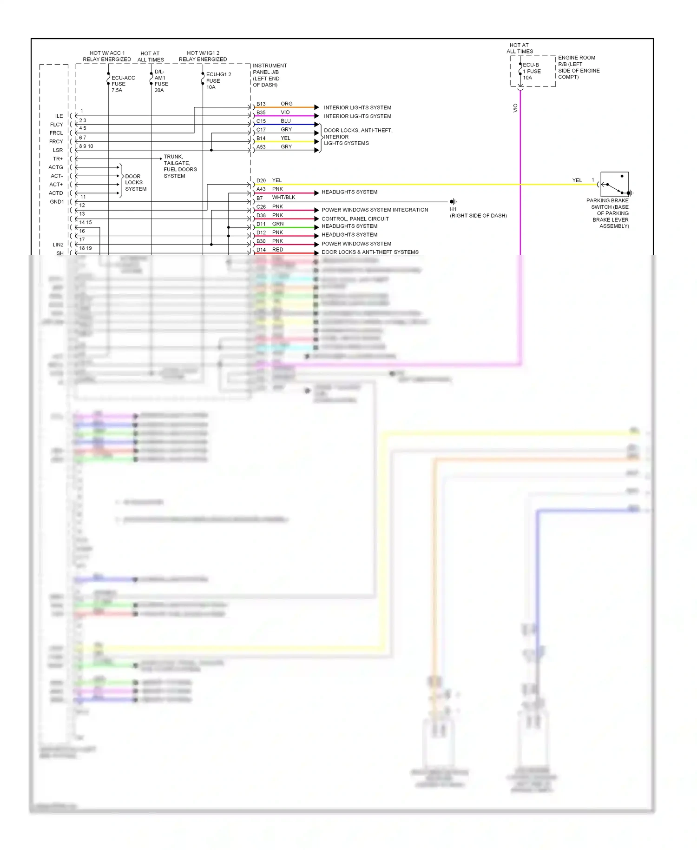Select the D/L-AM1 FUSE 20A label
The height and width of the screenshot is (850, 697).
[161, 81]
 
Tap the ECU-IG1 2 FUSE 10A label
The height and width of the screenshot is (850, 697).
[217, 81]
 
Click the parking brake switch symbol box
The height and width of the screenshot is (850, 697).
[614, 184]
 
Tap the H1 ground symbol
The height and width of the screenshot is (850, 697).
[453, 201]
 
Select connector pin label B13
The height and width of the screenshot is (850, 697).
[261, 104]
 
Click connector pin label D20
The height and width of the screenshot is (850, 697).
[261, 180]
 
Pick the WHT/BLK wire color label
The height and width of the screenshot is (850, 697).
[283, 198]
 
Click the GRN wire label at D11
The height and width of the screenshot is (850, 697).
[278, 224]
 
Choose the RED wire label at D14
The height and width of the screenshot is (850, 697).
[277, 250]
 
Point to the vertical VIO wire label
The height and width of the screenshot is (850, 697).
[515, 108]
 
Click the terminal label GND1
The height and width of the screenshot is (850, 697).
[57, 202]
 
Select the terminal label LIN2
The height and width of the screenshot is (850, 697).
[58, 245]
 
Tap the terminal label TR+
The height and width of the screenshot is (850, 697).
[58, 159]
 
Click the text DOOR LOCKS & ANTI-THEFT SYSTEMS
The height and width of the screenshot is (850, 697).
[370, 252]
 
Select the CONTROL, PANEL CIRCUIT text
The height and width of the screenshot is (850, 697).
[355, 219]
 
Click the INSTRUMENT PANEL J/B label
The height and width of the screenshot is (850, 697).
[270, 75]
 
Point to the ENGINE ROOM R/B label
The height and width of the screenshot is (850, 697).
[579, 67]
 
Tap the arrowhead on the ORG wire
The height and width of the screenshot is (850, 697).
[316, 107]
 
